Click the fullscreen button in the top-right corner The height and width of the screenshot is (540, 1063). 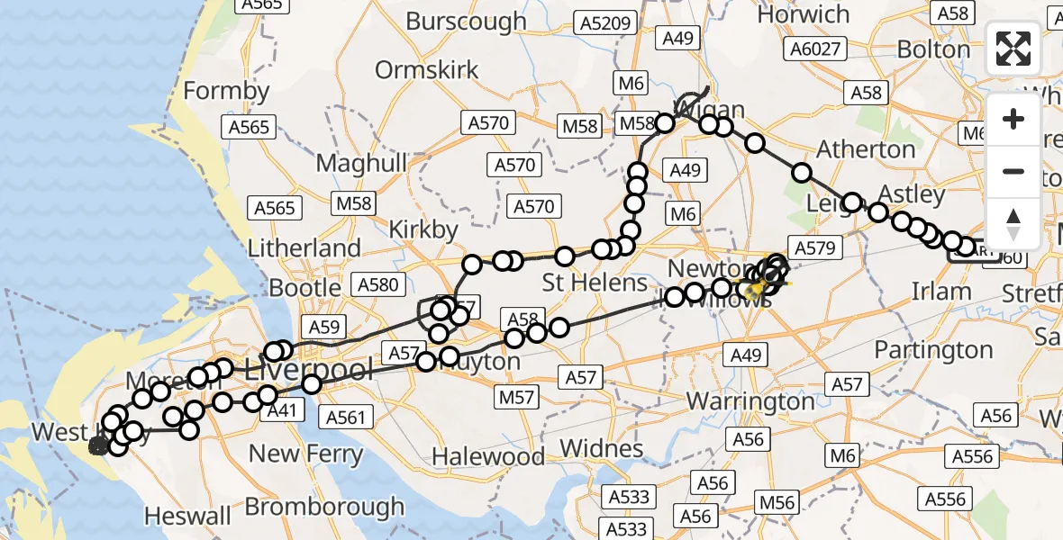1013,49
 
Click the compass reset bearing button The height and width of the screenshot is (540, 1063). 1013,224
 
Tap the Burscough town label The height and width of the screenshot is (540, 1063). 466,21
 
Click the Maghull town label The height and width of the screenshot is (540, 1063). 361,164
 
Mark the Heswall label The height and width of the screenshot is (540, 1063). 188,517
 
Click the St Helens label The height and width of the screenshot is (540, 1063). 595,283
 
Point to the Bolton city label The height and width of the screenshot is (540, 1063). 933,49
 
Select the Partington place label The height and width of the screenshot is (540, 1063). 934,349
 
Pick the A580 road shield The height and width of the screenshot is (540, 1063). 377,285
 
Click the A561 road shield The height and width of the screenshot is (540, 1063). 346,417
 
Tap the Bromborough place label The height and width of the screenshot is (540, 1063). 324,507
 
